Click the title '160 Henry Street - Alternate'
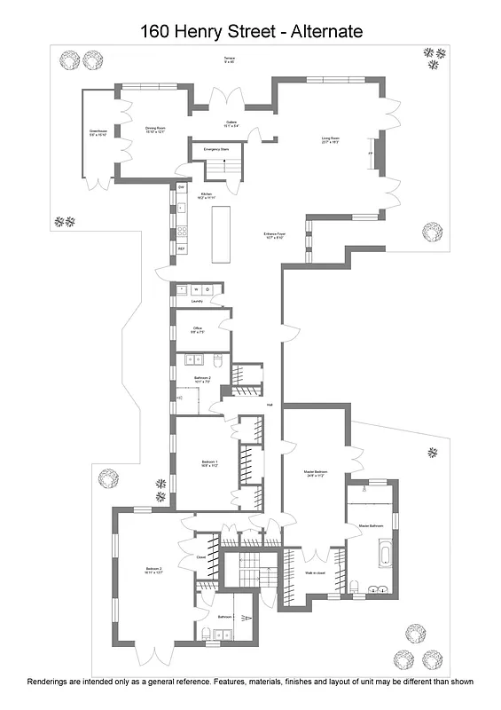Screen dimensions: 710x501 [x=251, y=32]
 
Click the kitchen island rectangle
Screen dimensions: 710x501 [x=220, y=233]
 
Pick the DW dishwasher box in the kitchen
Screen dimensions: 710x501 [x=181, y=187]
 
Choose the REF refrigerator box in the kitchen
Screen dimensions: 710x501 [x=181, y=248]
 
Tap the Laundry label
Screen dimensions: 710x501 [x=197, y=301]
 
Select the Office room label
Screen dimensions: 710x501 [x=197, y=330]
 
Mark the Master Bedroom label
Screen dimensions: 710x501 [x=316, y=473]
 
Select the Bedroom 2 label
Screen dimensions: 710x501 [x=154, y=571]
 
